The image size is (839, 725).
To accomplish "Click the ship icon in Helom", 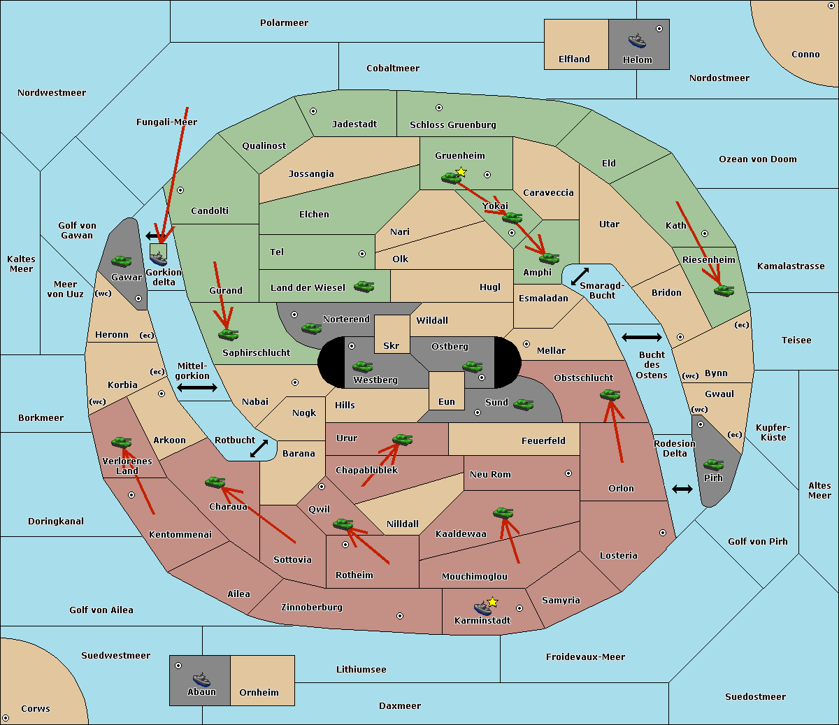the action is pos(637,41).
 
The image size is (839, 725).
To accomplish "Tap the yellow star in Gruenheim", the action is pos(461,172).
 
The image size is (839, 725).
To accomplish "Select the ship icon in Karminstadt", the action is pos(482,608).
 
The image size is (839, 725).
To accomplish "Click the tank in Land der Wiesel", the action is pos(364,287).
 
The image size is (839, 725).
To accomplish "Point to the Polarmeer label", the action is pos(284,23).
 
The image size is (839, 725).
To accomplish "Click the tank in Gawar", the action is pos(122,261).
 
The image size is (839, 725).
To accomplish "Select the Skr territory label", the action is pos(392,345).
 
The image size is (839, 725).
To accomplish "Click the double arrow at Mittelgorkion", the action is pos(197,387).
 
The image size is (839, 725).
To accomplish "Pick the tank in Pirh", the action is pos(713,464).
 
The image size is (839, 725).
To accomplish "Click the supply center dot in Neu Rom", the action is pos(568,473).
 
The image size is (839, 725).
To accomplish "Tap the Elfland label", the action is pos(574,59).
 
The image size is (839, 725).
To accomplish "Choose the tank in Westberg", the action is pos(362,367).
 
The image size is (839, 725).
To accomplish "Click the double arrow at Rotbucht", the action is pos(259,449).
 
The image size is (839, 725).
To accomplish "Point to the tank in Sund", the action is pos(523,405).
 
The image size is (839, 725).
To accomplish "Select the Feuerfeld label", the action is pos(543,440).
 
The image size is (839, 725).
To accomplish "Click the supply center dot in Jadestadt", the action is pos(313,111).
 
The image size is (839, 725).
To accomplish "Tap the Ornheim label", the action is pos(259,692).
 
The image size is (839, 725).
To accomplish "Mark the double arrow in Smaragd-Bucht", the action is pos(580,276).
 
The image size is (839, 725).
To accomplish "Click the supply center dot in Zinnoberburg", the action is pos(400,616).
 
